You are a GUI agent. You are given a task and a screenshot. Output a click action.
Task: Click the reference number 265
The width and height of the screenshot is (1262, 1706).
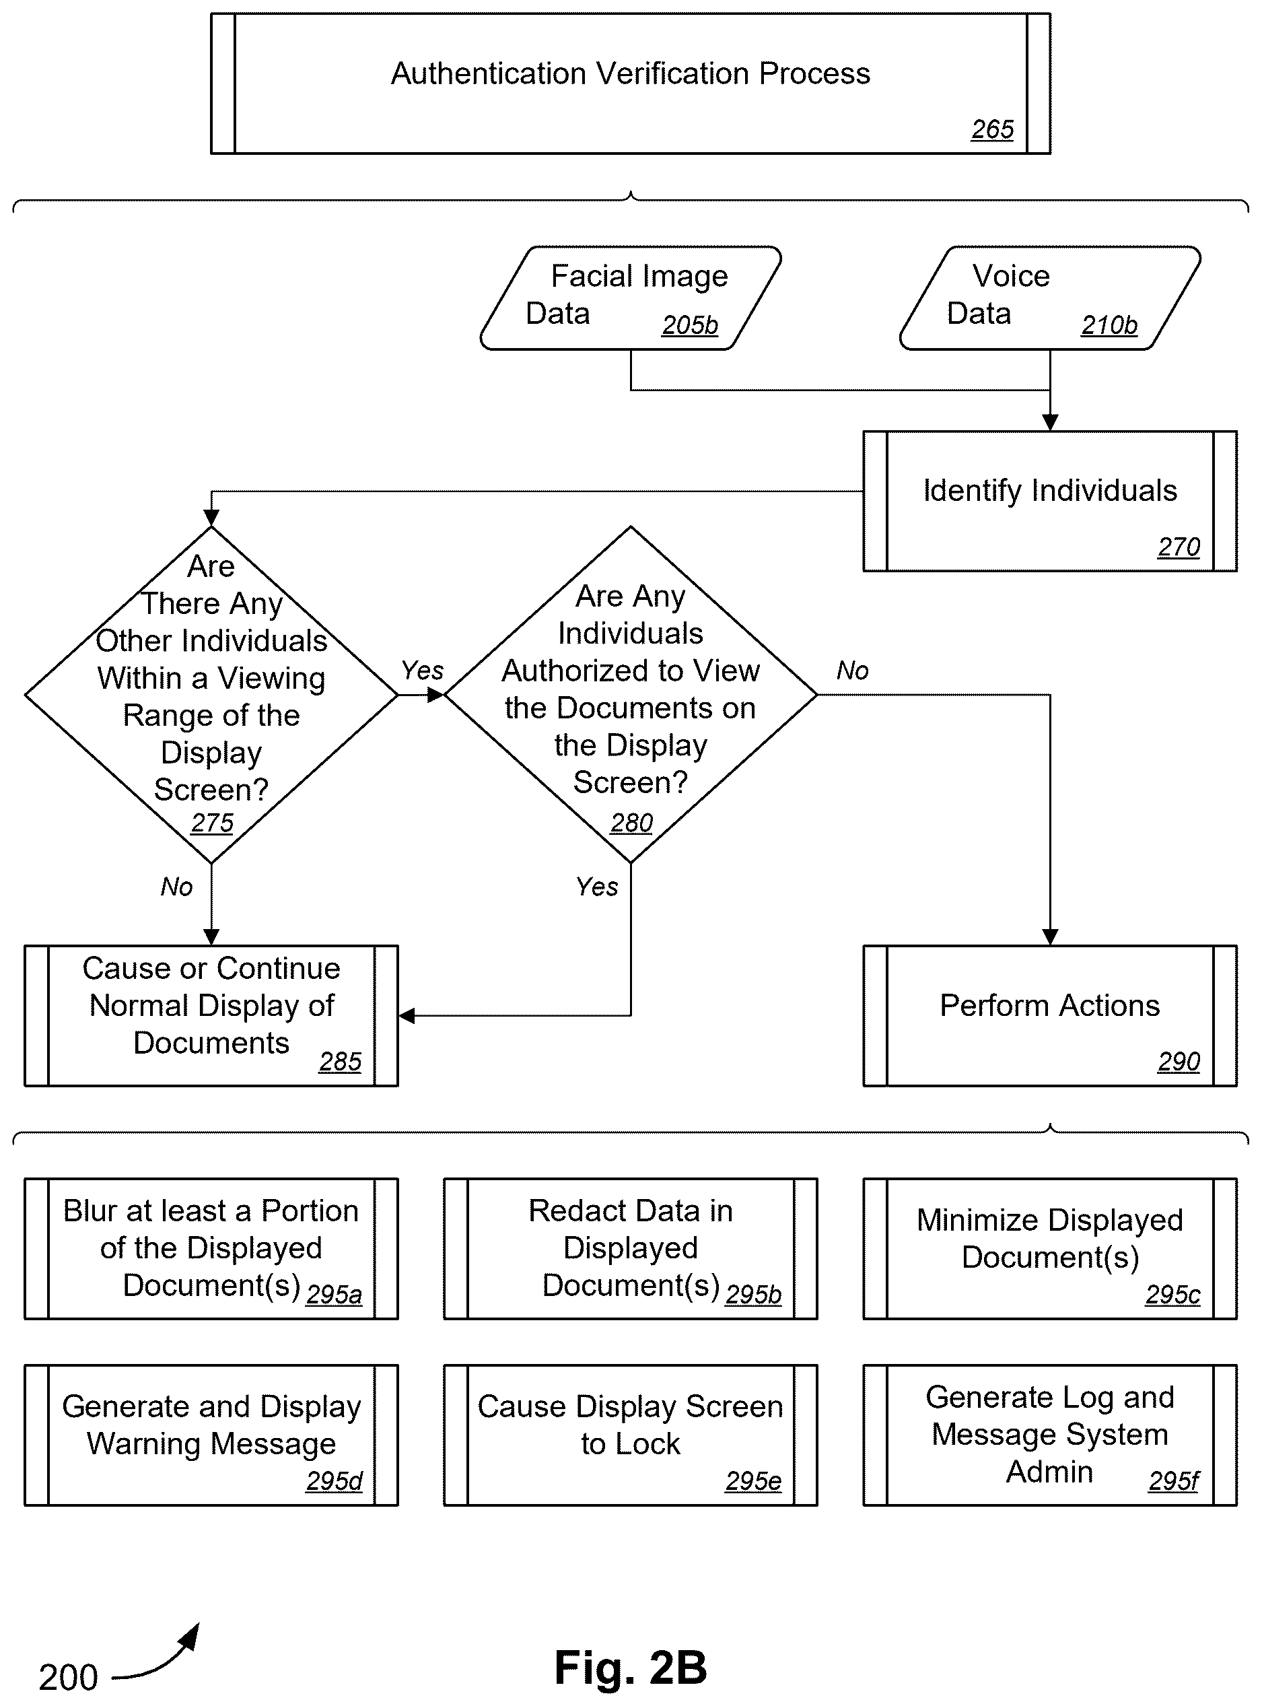point(992,130)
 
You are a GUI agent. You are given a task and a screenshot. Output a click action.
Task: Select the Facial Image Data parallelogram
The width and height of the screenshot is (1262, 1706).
point(631,298)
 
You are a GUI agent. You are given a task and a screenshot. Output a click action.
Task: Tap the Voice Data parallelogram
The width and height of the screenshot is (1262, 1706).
point(1051,298)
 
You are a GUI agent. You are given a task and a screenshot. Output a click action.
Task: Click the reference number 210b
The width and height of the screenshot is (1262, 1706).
point(1109,325)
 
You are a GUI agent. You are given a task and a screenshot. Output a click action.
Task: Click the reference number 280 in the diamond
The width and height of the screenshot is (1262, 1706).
point(632,823)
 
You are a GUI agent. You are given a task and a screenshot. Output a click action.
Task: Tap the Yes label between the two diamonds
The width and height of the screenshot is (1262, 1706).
point(423,671)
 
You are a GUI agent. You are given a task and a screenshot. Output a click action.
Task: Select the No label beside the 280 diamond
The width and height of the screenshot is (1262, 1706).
point(853,671)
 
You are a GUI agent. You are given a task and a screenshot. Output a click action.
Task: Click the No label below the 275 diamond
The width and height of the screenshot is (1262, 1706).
point(176,887)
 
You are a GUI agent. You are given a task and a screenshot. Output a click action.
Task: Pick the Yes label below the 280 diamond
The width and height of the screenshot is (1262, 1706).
point(596,887)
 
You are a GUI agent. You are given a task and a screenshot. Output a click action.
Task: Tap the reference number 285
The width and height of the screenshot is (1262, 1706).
point(340,1062)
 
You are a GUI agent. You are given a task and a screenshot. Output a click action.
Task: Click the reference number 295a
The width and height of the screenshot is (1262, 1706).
point(334,1295)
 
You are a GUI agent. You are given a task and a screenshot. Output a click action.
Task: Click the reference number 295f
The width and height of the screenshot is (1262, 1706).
point(1173,1481)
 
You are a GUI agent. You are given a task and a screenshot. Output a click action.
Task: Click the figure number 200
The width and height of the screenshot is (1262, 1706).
point(69,1678)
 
